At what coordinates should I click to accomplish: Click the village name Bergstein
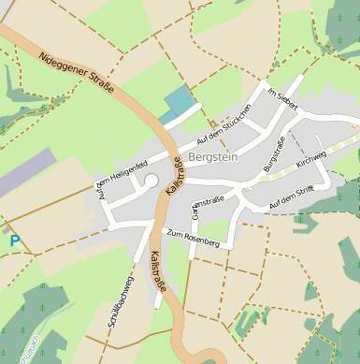(213, 157)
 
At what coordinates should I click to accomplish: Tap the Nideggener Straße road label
(77, 73)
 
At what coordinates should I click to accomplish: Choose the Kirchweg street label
(311, 156)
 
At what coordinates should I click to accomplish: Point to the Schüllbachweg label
(122, 299)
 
